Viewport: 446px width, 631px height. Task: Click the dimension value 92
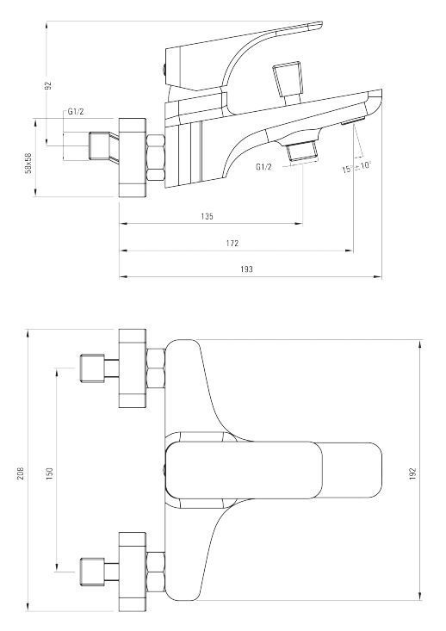point(48,84)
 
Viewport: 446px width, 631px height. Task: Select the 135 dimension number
point(208,217)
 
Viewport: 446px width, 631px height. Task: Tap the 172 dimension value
point(233,243)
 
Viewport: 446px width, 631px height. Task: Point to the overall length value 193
point(246,269)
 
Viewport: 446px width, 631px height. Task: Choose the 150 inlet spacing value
point(49,473)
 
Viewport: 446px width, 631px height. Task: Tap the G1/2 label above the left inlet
point(76,112)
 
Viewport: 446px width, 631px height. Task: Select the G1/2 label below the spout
point(265,166)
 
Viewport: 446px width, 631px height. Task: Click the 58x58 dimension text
point(28,162)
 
